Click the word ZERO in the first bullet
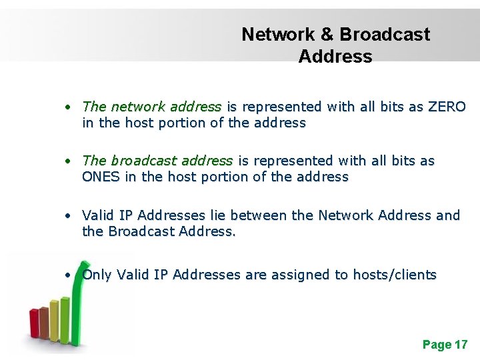(447, 107)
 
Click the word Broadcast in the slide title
(385, 35)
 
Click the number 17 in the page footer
(461, 345)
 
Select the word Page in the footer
(436, 345)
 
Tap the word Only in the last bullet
(97, 275)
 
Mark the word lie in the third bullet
(217, 215)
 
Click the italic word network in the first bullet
(139, 107)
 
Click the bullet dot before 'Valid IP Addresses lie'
(69, 216)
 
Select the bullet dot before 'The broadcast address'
(69, 161)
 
